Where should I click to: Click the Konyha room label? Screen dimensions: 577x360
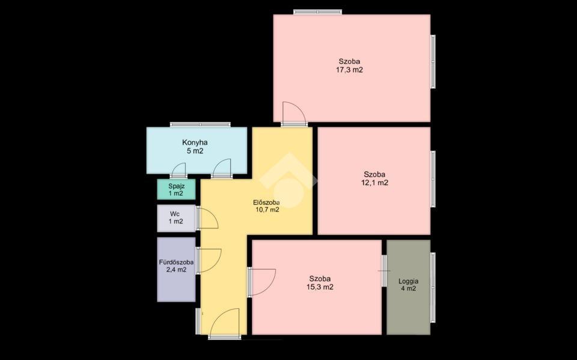[195, 142]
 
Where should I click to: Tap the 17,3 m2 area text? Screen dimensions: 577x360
[349, 70]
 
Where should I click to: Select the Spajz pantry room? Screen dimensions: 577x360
[176, 189]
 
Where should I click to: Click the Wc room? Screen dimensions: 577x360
[176, 218]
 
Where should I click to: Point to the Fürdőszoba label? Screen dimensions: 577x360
[176, 263]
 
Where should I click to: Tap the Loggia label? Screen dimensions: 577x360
[409, 281]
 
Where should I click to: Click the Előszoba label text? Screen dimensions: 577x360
[266, 203]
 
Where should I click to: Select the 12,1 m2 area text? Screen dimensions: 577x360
[374, 183]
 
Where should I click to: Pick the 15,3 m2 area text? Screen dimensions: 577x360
[320, 287]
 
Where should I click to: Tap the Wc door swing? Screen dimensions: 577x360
[207, 218]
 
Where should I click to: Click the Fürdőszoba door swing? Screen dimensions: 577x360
[209, 261]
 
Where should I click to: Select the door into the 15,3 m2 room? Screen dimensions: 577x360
[261, 282]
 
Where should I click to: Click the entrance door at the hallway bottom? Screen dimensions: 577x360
[224, 324]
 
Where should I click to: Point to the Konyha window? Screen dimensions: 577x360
[200, 124]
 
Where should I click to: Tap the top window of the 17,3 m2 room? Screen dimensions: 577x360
[317, 12]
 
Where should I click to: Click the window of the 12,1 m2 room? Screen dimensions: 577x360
[433, 179]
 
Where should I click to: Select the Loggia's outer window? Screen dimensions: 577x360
[433, 288]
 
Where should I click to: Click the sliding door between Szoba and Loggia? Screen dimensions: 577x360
[384, 271]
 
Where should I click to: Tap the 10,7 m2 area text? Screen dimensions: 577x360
[267, 210]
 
